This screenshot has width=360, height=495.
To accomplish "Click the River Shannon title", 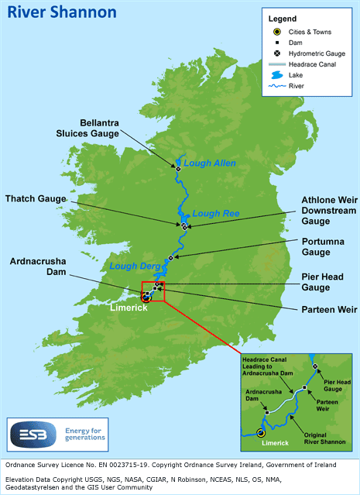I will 51,12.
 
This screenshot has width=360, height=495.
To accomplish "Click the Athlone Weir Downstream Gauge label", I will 325,209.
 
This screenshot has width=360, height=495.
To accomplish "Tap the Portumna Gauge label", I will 325,246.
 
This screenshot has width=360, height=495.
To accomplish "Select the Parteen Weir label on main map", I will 329,310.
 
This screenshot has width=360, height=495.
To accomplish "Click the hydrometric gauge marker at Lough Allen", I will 178,168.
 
